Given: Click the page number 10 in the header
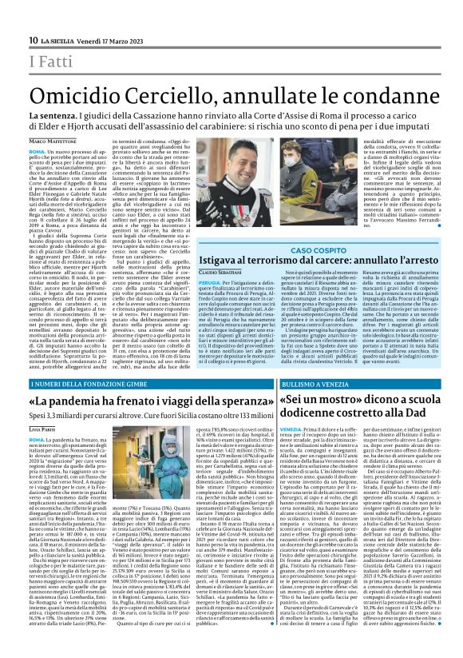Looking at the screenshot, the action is coord(33,40).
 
